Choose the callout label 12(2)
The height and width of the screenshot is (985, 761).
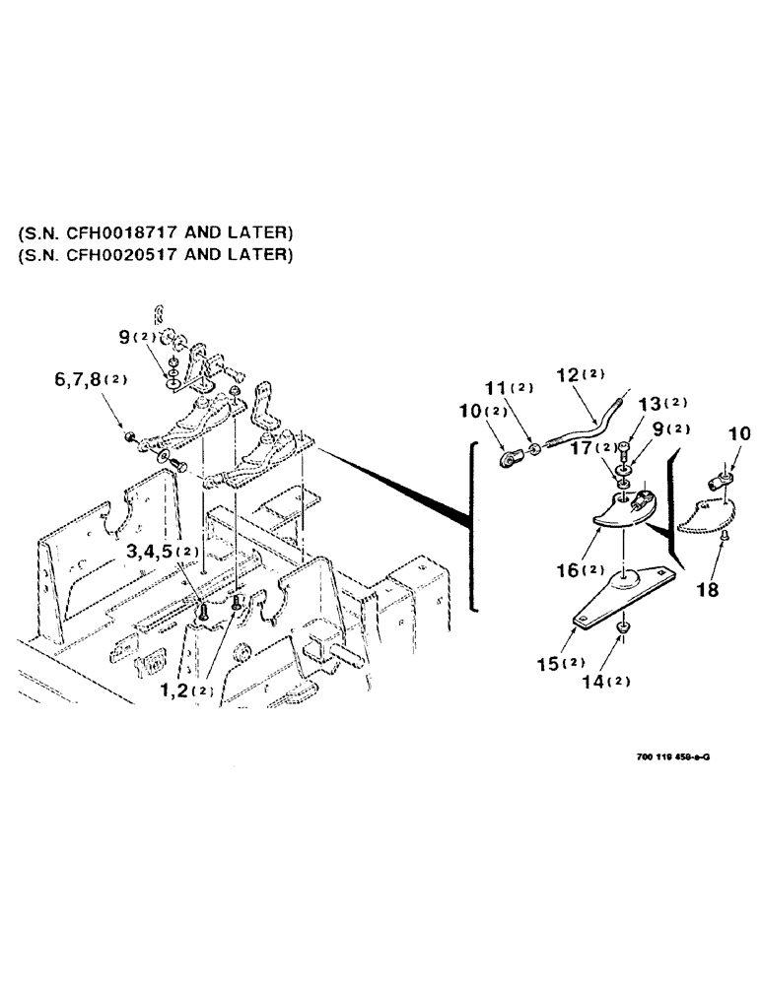[x=583, y=374]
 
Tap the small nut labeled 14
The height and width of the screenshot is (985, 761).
[x=623, y=626]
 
